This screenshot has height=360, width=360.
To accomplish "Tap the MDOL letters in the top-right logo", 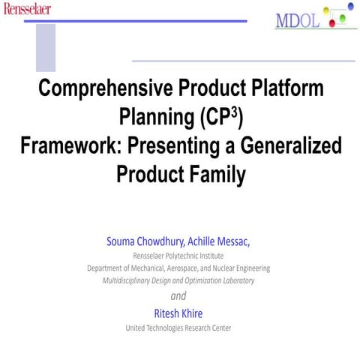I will pos(298,20).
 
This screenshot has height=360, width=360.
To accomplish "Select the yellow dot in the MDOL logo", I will pos(325,10).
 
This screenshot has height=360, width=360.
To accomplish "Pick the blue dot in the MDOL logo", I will pos(350,7).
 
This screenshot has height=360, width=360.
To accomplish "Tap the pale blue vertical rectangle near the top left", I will pos(46,46).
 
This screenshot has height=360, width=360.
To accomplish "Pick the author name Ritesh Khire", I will pos(178,312).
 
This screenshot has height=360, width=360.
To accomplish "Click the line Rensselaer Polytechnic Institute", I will pos(178,255).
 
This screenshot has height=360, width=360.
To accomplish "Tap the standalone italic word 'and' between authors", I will pos(178,295).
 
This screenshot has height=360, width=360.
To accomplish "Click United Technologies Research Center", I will pos(178,328).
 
